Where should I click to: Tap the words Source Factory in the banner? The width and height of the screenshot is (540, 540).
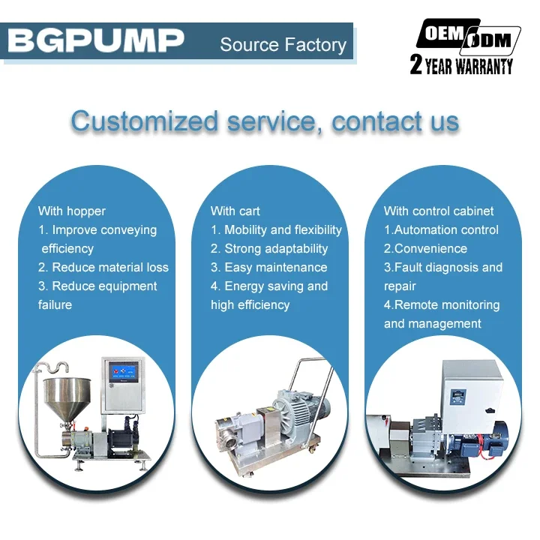click(283, 45)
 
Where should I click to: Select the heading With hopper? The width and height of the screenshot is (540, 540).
click(72, 211)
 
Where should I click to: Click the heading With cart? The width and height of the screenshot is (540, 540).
click(235, 211)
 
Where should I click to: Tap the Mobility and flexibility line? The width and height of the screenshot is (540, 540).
click(276, 229)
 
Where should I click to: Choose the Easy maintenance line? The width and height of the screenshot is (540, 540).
click(269, 267)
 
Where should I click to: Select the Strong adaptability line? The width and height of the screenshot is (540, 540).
click(269, 248)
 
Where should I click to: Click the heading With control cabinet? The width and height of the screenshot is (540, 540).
click(439, 211)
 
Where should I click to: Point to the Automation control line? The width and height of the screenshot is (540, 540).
click(441, 229)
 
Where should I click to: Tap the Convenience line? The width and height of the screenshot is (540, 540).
click(425, 248)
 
